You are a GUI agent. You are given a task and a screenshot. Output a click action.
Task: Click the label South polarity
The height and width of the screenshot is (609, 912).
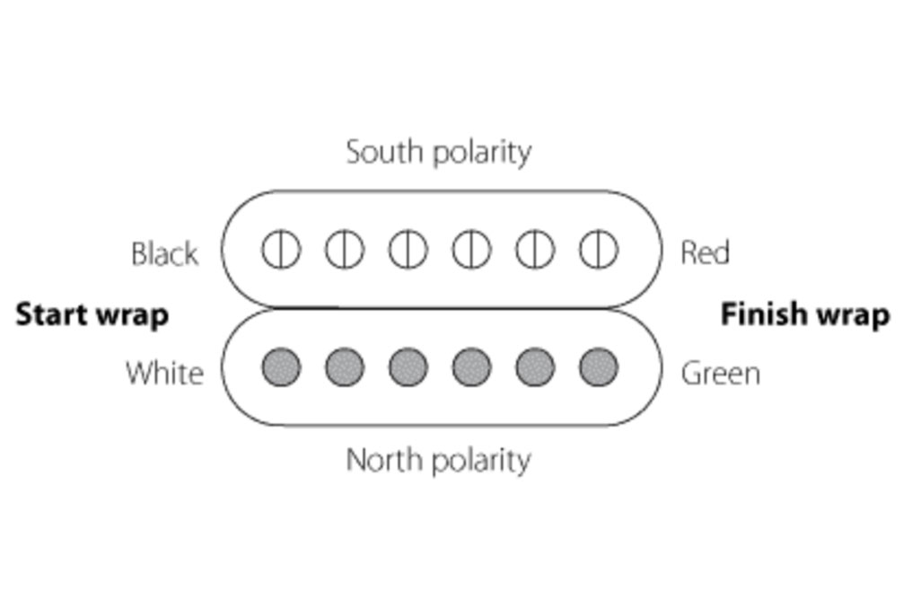438,152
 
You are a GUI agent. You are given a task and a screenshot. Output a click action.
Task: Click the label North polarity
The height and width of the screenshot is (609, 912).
438,461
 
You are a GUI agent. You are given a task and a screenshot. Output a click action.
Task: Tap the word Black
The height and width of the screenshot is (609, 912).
164,254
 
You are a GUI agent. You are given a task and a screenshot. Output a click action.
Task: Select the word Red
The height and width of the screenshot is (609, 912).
705,253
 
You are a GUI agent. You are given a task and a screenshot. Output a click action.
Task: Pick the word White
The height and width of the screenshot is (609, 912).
164,373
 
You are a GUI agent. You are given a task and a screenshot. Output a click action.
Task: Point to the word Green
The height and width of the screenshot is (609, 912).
720,373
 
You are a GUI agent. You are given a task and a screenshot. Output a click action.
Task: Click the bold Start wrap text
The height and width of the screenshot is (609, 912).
92,315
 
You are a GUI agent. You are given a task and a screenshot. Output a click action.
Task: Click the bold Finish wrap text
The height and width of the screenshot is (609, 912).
805,315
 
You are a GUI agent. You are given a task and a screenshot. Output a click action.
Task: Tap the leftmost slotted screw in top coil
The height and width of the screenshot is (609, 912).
281,250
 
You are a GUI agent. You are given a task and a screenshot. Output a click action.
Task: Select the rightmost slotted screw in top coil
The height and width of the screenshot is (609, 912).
598,250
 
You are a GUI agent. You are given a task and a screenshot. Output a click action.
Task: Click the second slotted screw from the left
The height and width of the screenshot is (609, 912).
345,250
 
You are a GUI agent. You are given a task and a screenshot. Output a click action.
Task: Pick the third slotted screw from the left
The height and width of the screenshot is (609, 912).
408,250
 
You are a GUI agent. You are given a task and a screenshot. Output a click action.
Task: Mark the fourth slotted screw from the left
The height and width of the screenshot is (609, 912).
471,250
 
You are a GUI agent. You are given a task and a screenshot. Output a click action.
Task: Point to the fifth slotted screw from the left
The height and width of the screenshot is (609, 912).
535,250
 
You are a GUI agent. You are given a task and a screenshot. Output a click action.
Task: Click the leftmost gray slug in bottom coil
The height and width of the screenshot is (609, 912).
281,367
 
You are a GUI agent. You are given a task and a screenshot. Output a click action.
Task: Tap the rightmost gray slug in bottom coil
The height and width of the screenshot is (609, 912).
598,367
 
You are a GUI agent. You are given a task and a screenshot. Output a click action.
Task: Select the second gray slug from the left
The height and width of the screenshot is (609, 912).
345,367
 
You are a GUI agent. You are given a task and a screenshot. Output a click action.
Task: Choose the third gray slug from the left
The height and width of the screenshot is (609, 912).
408,367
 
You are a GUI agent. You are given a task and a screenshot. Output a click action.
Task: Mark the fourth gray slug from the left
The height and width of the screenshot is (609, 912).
471,367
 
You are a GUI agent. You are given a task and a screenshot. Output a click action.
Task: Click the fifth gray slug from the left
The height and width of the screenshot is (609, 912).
535,367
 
